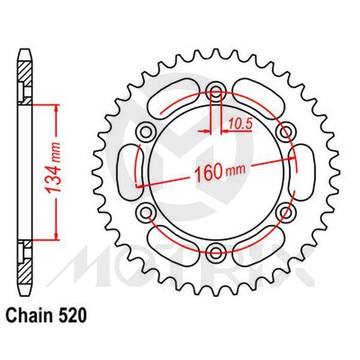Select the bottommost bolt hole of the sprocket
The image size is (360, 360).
216,250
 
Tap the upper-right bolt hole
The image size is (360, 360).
286,131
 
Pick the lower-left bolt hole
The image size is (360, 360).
146,211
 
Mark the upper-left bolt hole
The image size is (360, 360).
146,131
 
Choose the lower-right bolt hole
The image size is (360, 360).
286,211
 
